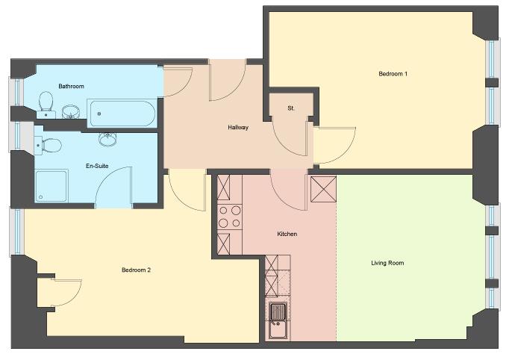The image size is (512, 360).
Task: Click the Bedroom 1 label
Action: click(393, 74)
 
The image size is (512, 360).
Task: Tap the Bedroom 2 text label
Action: click(136, 270)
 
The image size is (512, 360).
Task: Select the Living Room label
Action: click(387, 263)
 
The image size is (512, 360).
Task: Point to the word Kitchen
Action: click(287, 234)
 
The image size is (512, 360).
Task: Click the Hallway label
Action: click(238, 128)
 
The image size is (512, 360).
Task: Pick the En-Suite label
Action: click(97, 166)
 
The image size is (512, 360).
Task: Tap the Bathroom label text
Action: click(71, 86)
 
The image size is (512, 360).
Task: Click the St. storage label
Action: click(291, 108)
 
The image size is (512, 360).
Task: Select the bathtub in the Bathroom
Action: click(122, 114)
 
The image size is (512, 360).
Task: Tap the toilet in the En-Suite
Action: click(49, 145)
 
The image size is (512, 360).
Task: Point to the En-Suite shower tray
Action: click(51, 185)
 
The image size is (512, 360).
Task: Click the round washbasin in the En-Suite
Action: click(107, 139)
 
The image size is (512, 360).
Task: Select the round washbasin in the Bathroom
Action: click(70, 112)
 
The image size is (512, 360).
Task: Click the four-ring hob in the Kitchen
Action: click(230, 217)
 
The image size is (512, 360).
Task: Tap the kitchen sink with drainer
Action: click(278, 321)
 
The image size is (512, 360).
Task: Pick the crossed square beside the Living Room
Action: click(323, 189)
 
